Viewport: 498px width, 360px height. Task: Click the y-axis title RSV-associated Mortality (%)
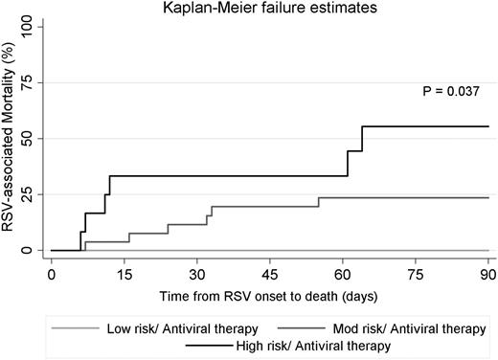[10, 139]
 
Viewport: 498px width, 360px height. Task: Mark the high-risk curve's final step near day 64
[362, 138]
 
